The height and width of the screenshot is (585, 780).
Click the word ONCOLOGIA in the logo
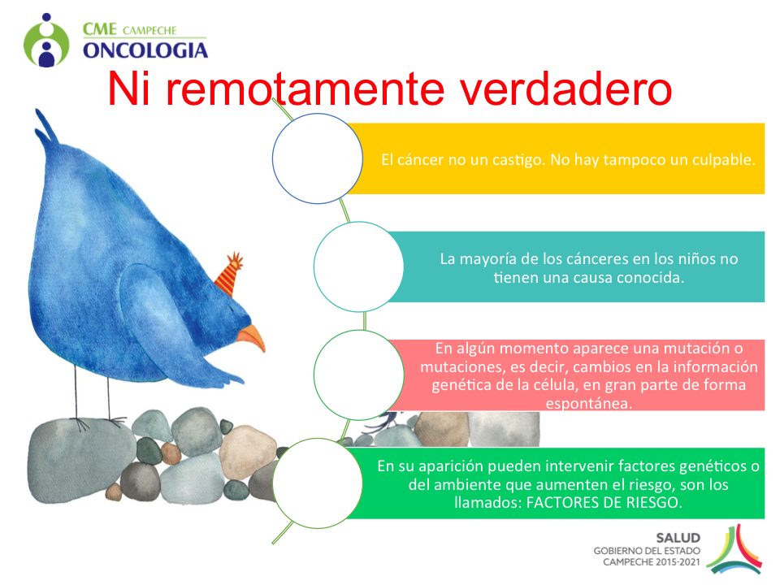click(x=145, y=50)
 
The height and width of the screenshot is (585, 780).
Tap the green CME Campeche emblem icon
click(x=46, y=41)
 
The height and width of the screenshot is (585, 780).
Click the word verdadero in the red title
click(x=565, y=89)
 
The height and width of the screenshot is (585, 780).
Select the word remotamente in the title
click(x=305, y=90)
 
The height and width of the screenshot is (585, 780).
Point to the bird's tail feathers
click(x=46, y=128)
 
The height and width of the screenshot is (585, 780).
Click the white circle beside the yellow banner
click(x=318, y=158)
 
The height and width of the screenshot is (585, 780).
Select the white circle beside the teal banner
click(x=358, y=266)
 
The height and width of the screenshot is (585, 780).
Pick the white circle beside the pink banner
click(x=358, y=375)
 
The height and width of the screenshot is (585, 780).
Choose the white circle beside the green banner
click(x=318, y=483)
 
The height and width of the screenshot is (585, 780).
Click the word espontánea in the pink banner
click(x=589, y=404)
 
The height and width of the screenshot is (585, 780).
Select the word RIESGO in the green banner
click(x=653, y=502)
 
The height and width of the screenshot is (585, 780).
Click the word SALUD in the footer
click(x=678, y=538)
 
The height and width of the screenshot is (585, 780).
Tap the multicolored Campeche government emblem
click(x=734, y=549)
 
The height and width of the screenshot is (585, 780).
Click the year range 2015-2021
click(x=678, y=562)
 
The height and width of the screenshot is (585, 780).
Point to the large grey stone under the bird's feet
click(x=80, y=458)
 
